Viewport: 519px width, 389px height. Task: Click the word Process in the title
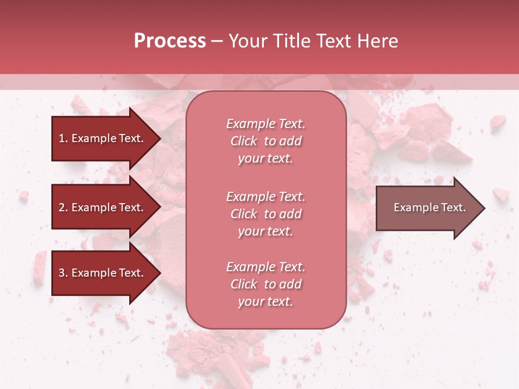click(x=170, y=41)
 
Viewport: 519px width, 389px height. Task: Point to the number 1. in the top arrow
click(x=63, y=138)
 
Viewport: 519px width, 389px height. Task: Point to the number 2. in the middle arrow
click(x=63, y=207)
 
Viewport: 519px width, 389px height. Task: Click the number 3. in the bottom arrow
click(x=63, y=273)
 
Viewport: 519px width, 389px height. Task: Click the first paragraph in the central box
click(x=265, y=141)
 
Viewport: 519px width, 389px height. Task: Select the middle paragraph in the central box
click(x=265, y=214)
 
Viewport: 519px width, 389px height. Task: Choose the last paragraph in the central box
click(x=265, y=284)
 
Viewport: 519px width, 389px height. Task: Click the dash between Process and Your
click(x=217, y=41)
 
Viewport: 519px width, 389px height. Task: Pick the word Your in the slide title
click(x=248, y=41)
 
